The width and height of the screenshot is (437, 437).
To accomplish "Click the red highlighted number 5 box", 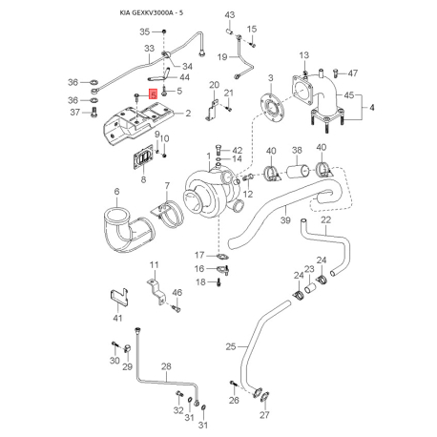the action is pos(154,94).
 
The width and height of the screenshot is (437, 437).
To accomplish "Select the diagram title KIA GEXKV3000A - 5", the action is pos(152,13).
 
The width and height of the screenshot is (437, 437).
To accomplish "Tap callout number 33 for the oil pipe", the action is pos(149,49).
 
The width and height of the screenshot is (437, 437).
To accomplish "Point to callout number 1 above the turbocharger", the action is pos(209,156).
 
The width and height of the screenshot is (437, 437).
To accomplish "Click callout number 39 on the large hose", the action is pos(285,219).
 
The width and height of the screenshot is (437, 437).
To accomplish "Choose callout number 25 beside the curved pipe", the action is pos(231,346).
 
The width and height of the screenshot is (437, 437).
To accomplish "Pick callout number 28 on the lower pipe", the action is pos(166,366).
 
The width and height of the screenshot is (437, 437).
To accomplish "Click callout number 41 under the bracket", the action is pos(117,318).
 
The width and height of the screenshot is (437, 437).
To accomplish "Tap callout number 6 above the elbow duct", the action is pos(116,192).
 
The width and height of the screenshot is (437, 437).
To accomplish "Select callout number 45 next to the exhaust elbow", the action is pos(349,95).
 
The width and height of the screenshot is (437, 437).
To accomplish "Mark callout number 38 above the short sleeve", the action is pos(297,150).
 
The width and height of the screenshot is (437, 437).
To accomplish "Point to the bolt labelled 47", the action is pos(335,73).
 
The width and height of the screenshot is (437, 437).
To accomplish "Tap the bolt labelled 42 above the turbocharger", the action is pos(218,149).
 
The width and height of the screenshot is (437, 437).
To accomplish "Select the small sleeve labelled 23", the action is pos(310,289).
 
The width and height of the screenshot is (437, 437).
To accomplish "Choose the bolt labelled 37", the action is pos(94,112).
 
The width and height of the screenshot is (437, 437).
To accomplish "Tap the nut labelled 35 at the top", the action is pos(163,31).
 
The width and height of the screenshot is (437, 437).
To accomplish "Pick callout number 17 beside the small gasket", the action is pos(199,255).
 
